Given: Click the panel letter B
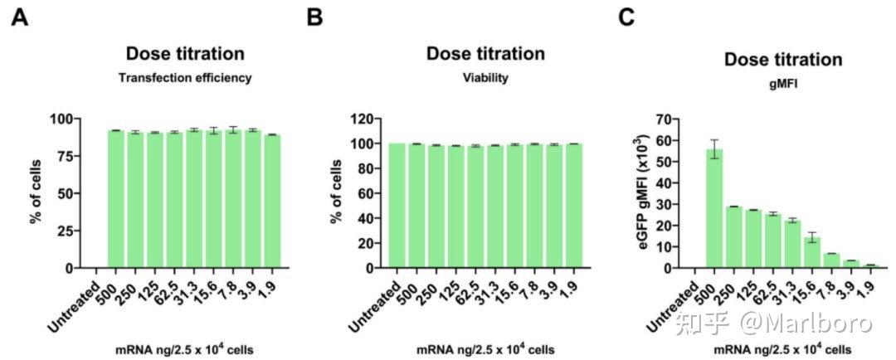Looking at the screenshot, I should pos(315,17).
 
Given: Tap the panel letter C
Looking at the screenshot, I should pos(629,17).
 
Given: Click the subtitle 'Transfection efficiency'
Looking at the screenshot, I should pos(185,78).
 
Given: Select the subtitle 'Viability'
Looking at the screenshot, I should pos(485,78).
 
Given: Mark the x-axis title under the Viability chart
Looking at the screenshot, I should pos(485,348).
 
